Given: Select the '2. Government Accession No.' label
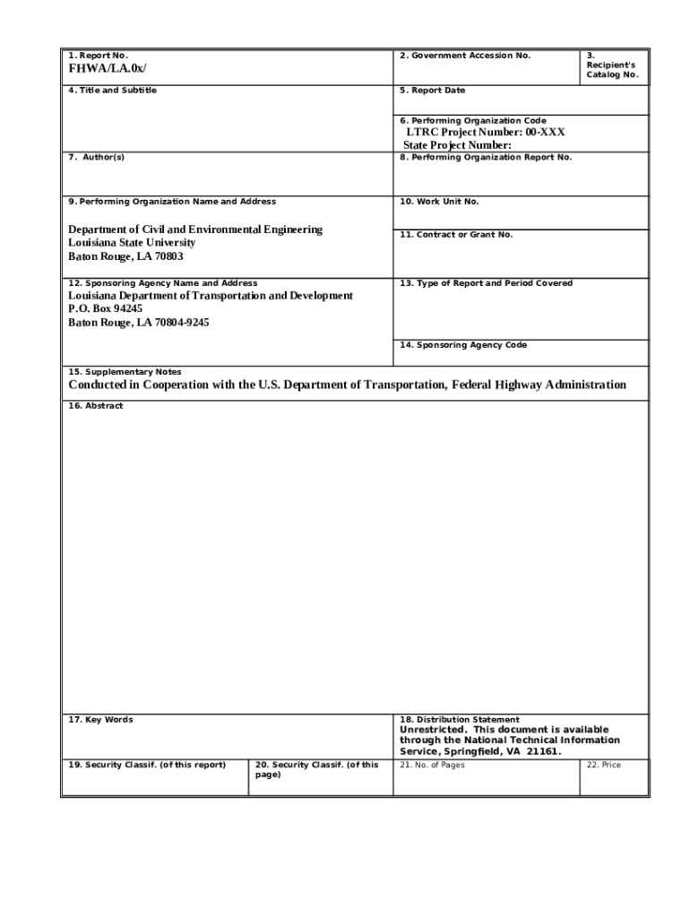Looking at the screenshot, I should (465, 56).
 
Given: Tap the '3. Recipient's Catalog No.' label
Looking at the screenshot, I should (612, 65).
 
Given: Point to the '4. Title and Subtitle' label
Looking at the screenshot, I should (113, 91).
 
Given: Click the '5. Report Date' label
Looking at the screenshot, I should (433, 91).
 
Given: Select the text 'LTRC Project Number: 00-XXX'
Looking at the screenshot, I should (486, 133).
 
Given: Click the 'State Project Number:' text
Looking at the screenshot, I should (457, 145).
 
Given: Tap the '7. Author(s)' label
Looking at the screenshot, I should (97, 158).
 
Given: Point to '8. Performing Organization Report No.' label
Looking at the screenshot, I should (486, 158).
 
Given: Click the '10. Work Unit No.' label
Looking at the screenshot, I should (439, 202).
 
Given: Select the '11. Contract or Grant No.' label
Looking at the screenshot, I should (456, 235).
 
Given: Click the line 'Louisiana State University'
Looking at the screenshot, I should (132, 243).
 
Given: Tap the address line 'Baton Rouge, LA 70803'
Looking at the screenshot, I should (125, 256).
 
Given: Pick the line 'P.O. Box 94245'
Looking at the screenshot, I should (106, 308).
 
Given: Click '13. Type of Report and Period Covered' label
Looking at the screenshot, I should (486, 283).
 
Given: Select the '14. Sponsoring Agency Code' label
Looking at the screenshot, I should (463, 345).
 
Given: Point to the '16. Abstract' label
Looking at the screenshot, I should (96, 406).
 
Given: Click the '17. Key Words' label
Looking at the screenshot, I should (101, 720).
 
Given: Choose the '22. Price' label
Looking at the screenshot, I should (603, 765).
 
